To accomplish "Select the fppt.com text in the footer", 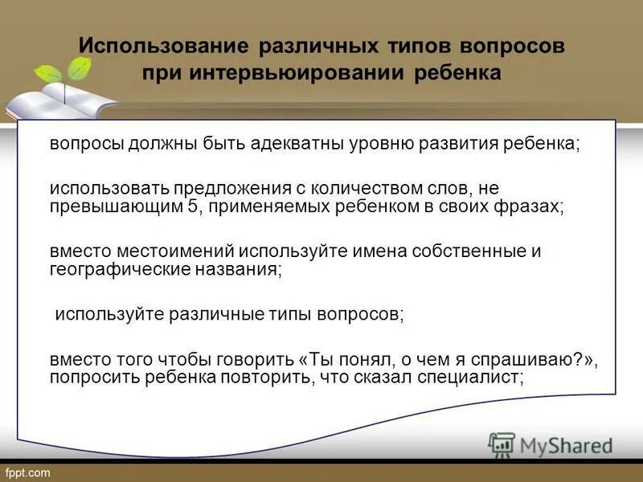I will pos(28,472).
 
